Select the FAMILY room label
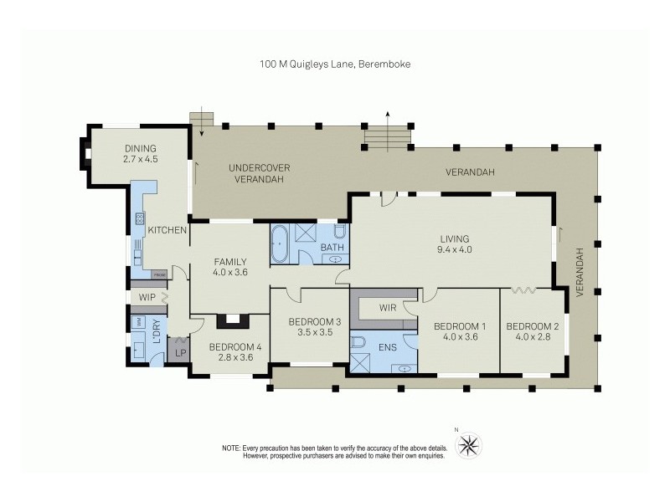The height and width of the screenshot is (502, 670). coord(229,261)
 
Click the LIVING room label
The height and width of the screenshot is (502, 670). coord(454,238)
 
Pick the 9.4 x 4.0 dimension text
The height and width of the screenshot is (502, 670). coord(454,248)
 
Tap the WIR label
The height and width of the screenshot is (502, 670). coord(387,308)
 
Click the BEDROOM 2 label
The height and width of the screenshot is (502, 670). coord(533,326)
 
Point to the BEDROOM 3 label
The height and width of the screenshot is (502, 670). coord(314,322)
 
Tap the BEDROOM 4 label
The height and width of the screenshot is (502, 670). coord(229,347)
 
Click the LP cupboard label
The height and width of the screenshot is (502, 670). coord(178,353)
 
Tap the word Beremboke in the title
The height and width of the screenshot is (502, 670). coord(387,63)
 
